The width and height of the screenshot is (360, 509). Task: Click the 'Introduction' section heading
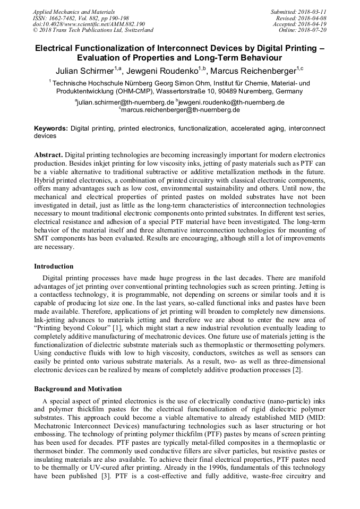click(x=54, y=266)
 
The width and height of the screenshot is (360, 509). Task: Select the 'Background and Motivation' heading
click(x=78, y=389)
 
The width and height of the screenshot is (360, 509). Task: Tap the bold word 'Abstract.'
click(x=49, y=154)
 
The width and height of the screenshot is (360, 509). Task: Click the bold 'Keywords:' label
click(x=51, y=128)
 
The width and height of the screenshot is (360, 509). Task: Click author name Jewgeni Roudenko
click(x=165, y=71)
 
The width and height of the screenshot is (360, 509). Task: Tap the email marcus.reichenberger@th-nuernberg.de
click(x=181, y=110)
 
